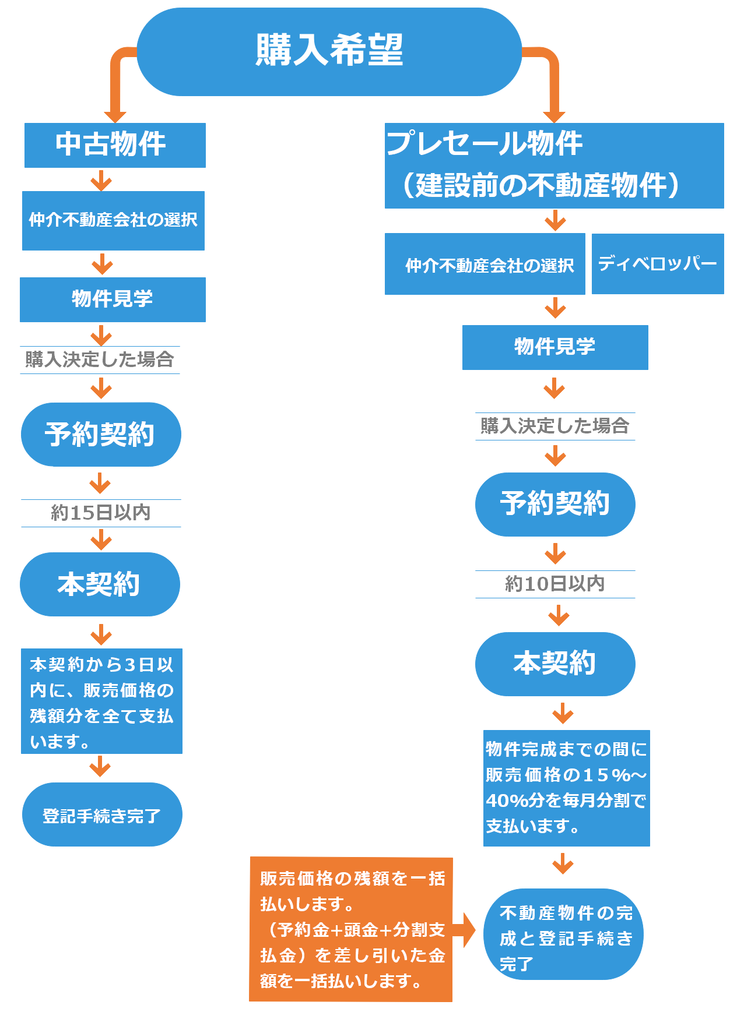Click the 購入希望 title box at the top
329,51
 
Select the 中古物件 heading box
115,144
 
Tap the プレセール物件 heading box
554,165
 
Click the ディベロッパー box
658,264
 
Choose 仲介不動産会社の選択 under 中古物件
113,220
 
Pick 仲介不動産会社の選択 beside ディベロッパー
485,265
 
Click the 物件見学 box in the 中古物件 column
113,299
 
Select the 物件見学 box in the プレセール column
555,347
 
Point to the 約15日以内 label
101,513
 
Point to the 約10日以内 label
555,584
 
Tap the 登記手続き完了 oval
102,814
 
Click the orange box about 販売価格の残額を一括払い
351,929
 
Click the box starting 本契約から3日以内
101,701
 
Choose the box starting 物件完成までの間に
566,788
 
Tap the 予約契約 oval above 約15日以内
101,434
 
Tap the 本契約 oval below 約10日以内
555,664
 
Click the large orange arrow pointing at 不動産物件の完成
465,930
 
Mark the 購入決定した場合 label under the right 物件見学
555,426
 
